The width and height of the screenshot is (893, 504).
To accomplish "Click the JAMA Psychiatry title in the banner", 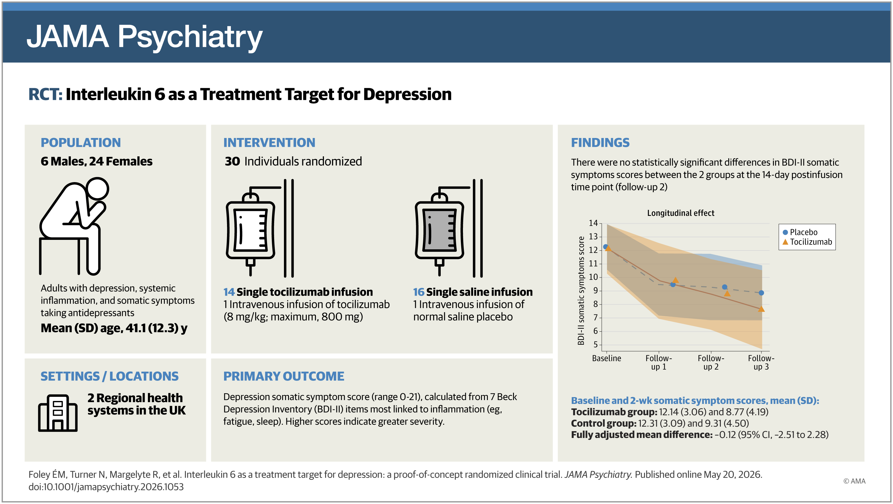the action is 144,37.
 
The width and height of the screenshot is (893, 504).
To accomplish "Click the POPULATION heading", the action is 81,142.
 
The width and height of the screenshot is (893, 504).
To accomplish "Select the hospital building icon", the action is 57,413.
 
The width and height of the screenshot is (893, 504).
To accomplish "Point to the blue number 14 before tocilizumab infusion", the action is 229,292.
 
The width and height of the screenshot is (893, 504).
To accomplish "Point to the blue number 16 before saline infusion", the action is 419,292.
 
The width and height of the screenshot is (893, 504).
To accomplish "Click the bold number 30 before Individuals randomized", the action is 232,161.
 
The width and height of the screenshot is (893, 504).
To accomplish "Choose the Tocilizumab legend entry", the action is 807,242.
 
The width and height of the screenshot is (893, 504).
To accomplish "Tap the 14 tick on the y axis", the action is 593,223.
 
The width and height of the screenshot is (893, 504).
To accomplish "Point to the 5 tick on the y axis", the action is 595,344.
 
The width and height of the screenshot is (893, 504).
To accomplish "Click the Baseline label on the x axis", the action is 606,358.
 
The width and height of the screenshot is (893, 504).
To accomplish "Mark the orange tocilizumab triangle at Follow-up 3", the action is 761,309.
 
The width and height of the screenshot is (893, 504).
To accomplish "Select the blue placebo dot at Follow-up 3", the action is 761,293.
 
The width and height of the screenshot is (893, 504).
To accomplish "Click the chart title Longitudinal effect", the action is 680,213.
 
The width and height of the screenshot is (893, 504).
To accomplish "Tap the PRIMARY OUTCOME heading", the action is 284,376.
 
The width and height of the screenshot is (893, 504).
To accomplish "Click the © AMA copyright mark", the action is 854,481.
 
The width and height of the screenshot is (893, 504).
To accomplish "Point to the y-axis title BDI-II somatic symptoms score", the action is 581,290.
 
